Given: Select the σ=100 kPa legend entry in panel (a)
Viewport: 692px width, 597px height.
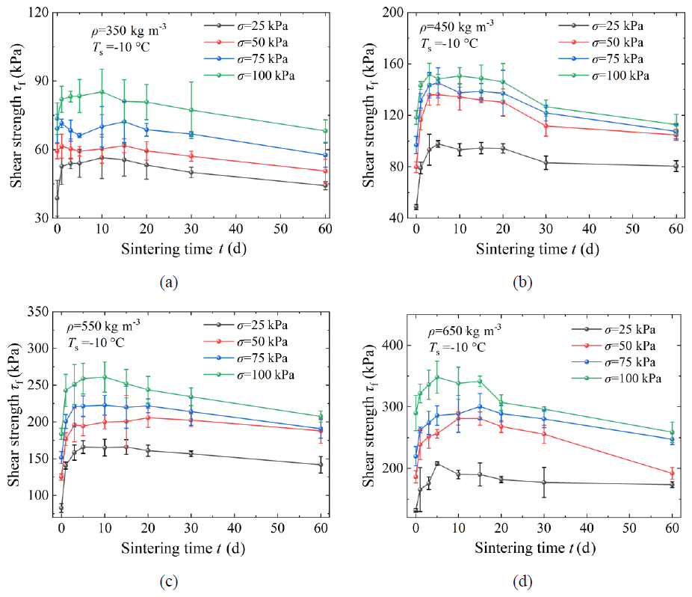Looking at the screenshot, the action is tap(250, 76).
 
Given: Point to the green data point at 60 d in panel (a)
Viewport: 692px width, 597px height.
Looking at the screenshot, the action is tap(326, 131).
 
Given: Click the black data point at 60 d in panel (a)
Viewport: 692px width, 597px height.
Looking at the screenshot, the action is tap(326, 186).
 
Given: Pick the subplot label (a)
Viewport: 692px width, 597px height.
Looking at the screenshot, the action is tap(169, 282).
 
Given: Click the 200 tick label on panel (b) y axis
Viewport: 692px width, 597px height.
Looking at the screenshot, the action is tap(393, 13).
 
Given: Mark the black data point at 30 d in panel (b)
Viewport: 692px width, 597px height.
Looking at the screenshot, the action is tap(546, 162).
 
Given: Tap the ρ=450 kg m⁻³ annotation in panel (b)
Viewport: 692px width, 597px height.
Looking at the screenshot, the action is tap(457, 26).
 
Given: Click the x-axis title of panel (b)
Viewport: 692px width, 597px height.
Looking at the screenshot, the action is tap(537, 249).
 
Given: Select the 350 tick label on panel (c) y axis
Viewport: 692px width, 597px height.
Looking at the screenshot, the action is tap(38, 311).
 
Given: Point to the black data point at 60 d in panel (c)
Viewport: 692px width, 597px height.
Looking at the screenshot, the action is tap(321, 465).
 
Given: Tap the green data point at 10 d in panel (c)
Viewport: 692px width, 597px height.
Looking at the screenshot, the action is tap(105, 377).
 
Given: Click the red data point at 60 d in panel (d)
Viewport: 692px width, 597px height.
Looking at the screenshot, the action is tap(672, 474).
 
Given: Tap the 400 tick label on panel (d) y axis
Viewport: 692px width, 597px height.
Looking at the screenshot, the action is tap(393, 345).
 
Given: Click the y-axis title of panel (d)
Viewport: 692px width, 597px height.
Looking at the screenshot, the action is tap(370, 415).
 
